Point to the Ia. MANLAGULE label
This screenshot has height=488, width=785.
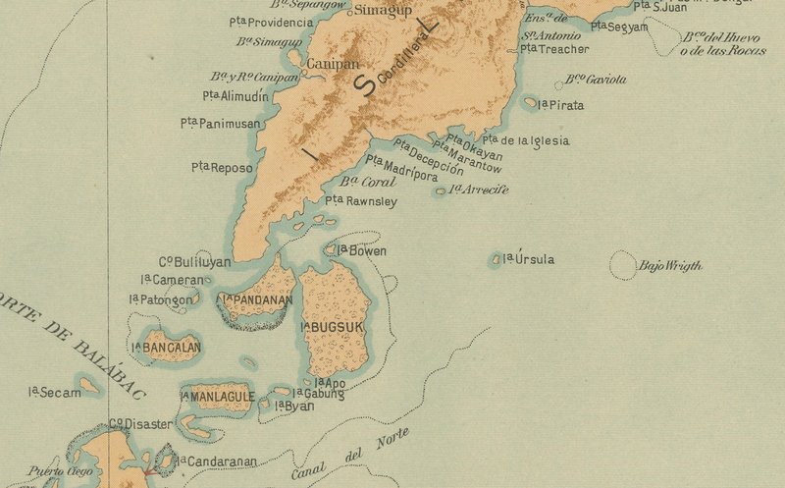[x=217, y=397]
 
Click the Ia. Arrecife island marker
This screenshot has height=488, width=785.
[x=441, y=190]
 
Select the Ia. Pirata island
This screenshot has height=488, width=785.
[x=531, y=102]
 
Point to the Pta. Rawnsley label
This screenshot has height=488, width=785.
[x=360, y=201]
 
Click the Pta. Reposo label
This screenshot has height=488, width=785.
[x=222, y=168]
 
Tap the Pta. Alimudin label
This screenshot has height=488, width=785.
[x=235, y=95]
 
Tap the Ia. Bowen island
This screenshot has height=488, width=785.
[x=332, y=251]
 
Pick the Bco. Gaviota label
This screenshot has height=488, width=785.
[x=597, y=80]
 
